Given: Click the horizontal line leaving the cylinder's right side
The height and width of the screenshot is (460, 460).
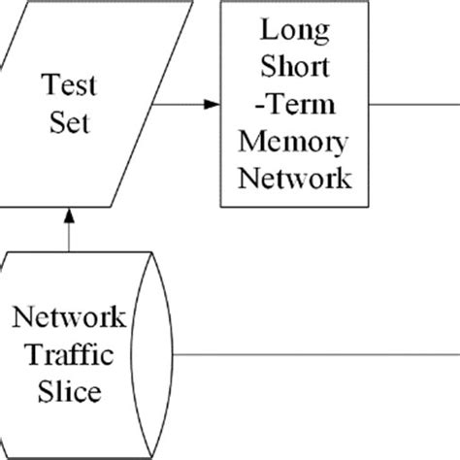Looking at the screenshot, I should [320, 354].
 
